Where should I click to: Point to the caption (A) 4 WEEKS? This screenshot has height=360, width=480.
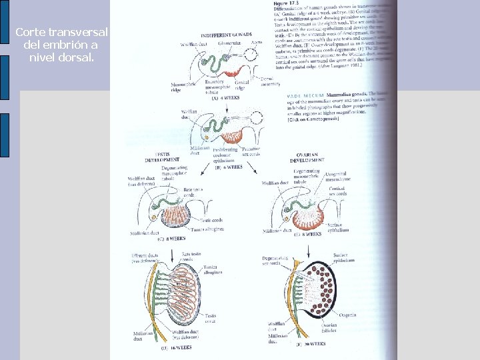tap(225, 97)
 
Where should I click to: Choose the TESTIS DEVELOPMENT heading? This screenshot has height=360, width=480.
tap(163, 157)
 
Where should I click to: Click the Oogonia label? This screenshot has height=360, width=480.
tap(347, 314)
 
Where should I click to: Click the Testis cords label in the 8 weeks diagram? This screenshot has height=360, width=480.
tap(213, 219)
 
